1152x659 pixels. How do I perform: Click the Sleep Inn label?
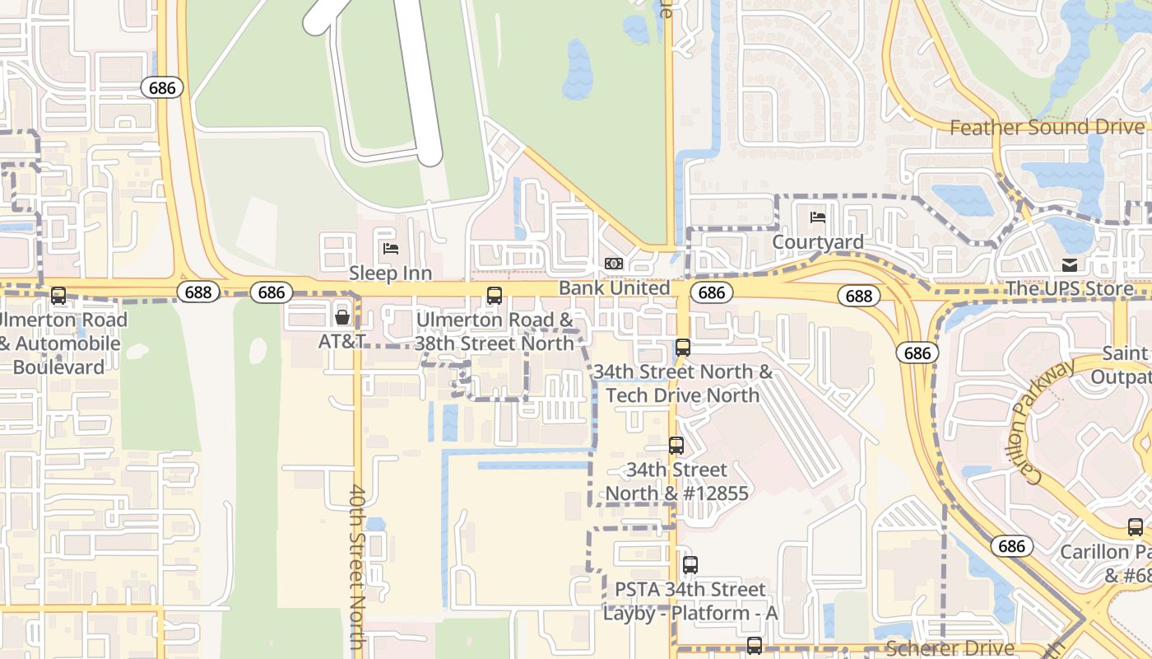[x=390, y=273]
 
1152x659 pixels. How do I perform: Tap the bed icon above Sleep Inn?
[x=391, y=248]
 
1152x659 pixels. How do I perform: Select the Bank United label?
[x=614, y=287]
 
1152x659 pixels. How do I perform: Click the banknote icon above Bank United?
[x=614, y=264]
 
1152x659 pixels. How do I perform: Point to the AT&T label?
[x=342, y=340]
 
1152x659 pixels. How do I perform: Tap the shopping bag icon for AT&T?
[x=342, y=317]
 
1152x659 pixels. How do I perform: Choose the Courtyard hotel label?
[x=817, y=242]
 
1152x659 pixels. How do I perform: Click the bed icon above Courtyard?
[x=818, y=217]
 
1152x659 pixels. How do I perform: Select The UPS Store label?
[x=1069, y=288]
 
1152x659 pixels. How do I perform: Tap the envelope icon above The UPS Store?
[x=1070, y=264]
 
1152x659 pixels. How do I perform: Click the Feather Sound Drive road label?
[x=1047, y=128]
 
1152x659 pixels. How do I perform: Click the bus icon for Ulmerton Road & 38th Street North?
[x=495, y=296]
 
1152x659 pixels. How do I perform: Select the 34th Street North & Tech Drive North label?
[x=682, y=383]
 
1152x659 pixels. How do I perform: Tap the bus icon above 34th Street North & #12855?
[x=676, y=446]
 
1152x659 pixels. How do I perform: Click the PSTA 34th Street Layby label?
[x=690, y=601]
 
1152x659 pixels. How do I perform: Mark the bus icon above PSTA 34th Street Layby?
[x=690, y=565]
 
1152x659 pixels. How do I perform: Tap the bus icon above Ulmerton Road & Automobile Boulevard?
[x=58, y=296]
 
